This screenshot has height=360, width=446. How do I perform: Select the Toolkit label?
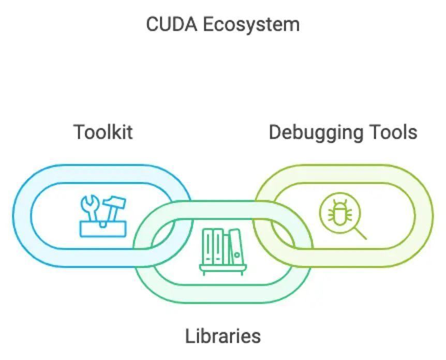click(x=103, y=132)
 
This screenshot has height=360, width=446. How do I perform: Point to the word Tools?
click(x=393, y=132)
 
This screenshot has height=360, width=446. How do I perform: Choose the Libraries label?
click(x=223, y=336)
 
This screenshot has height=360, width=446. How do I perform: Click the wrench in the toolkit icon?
click(x=90, y=207)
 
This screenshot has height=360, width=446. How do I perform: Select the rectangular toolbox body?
click(x=102, y=229)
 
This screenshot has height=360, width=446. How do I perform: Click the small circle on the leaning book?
click(x=237, y=254)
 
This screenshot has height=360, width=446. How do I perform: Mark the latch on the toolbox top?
click(x=103, y=224)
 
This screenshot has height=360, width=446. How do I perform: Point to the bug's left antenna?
click(x=334, y=202)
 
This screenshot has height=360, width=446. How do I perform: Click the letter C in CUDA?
click(x=152, y=24)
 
